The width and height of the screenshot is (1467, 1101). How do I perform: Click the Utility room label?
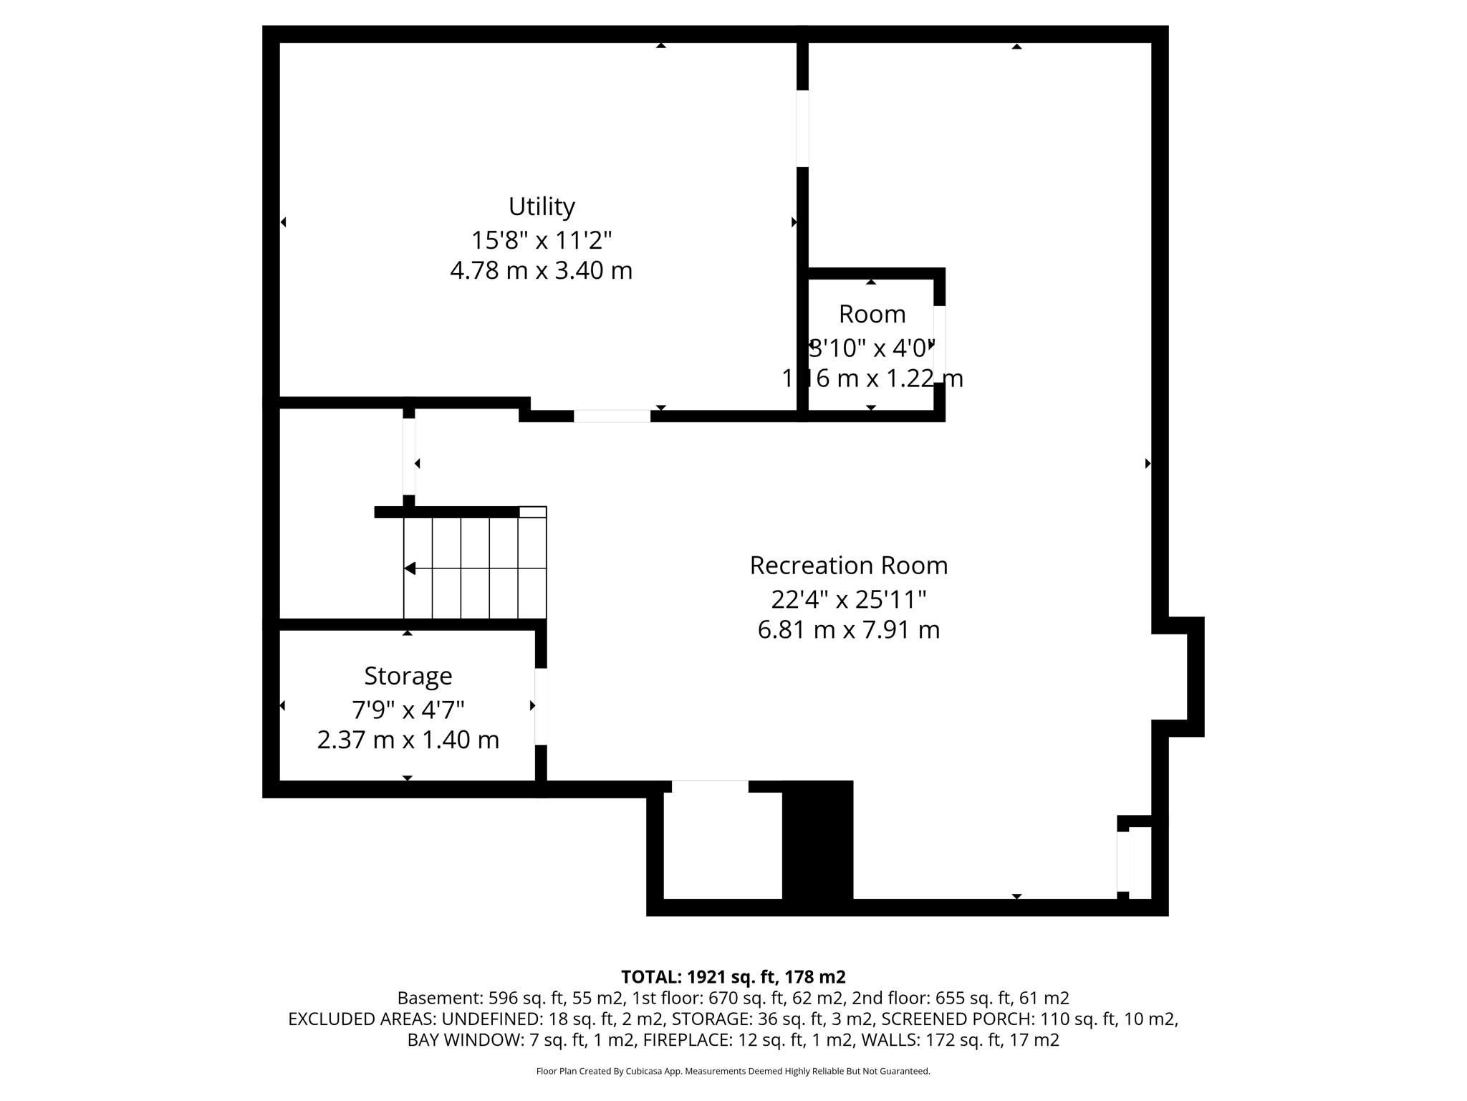coord(542,206)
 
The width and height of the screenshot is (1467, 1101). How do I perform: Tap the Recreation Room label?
coord(848,566)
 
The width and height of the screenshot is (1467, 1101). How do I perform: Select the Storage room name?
coord(408,676)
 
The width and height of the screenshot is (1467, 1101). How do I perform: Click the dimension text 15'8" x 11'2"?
coord(542,239)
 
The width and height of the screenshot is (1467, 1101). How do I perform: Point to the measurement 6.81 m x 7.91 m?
coord(848,630)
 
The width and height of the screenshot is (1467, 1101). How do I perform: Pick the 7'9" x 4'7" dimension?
coord(408,710)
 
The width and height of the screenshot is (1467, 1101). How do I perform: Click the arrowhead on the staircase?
coord(410,568)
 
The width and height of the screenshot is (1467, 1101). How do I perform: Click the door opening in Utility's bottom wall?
coord(612,416)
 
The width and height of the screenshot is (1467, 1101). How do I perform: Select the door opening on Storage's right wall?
coord(541,706)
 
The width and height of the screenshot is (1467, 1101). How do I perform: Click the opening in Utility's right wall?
coord(802,128)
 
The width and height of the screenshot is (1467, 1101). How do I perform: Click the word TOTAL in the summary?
coord(650,977)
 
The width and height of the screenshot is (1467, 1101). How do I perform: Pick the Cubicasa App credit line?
coord(733,1071)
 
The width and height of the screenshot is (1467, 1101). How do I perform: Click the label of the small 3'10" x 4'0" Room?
coord(872,314)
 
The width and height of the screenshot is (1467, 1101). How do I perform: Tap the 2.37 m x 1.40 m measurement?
coord(408,740)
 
